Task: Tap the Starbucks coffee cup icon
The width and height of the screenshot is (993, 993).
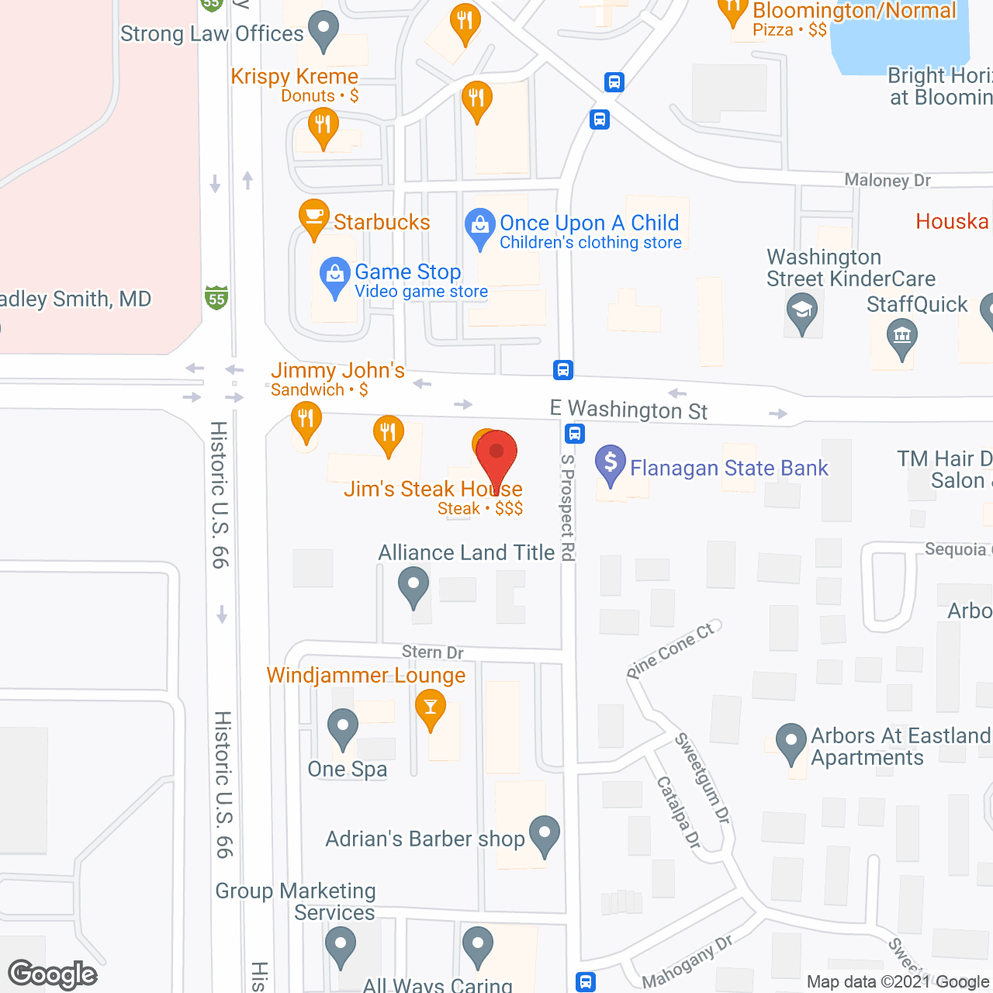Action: pos(313,217)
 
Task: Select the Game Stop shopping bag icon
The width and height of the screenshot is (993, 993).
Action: pos(335,275)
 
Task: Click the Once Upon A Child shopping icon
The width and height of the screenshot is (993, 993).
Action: pos(480,227)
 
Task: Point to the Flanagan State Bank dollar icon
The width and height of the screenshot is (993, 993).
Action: pos(611,464)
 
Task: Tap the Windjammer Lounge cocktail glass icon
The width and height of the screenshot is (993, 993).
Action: pos(430,708)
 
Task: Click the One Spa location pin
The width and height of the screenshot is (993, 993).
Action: pos(342,727)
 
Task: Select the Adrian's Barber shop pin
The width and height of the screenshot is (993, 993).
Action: pos(545,834)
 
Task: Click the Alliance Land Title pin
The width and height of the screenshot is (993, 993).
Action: pos(413,585)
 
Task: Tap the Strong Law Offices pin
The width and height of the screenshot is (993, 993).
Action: pos(324,29)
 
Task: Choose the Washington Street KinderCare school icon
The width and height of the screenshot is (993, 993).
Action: pos(802,311)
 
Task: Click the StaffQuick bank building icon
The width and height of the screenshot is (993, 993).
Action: pos(901,337)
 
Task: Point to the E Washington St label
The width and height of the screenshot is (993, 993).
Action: pos(628,410)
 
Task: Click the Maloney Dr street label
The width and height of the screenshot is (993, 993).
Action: pos(887,180)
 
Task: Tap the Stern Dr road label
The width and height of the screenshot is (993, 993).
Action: pos(432,652)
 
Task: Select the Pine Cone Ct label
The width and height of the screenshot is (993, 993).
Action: pos(672,649)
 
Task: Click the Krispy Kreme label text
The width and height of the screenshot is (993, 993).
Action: pos(295,77)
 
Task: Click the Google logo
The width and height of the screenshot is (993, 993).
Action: pos(53,974)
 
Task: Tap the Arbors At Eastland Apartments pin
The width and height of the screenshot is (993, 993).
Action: pos(791,742)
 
